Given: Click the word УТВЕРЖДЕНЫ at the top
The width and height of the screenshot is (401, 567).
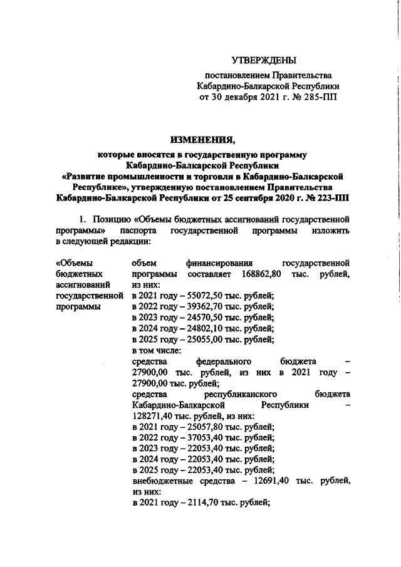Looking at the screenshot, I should click(263, 61).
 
